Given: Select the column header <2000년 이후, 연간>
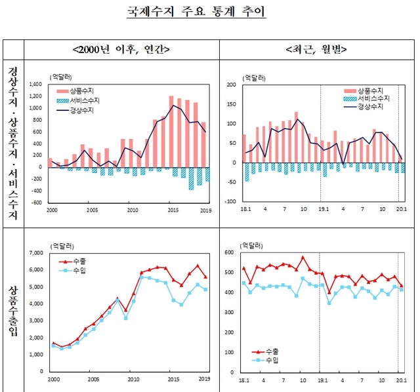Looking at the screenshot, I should point(122,49).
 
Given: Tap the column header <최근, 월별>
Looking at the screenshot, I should point(317,49).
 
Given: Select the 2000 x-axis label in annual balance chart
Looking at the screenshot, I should point(51,210).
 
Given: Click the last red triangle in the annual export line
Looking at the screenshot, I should point(205,277).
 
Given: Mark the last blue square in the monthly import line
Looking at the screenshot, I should point(402,289).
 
